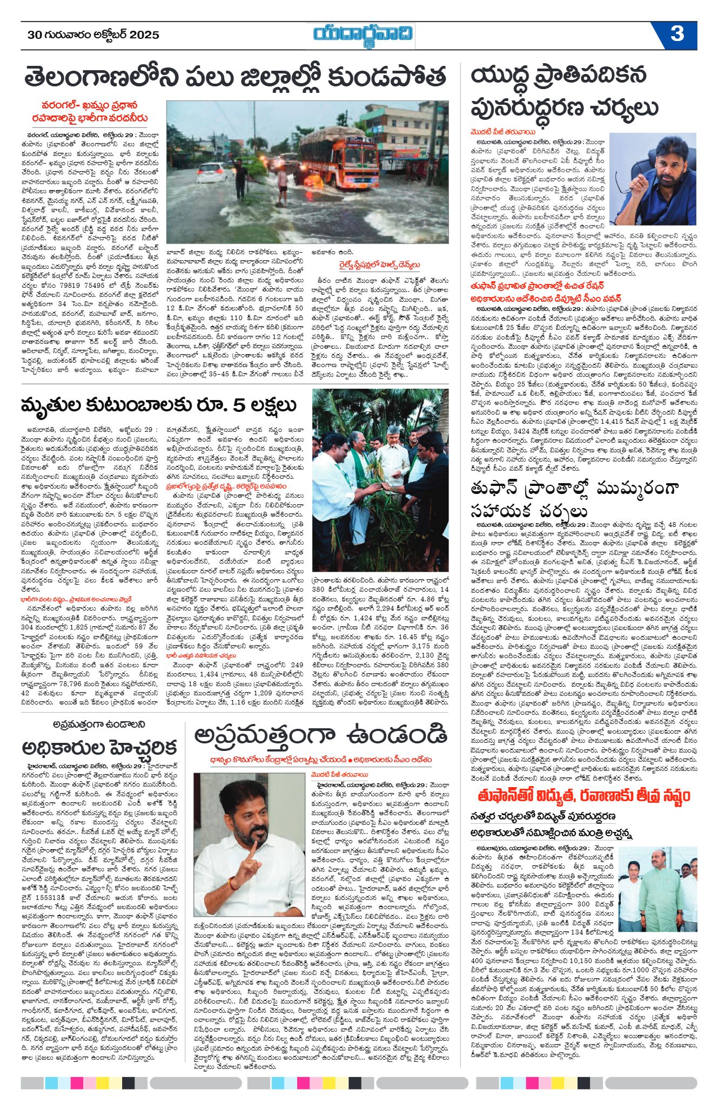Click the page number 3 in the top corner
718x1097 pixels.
[x=677, y=34]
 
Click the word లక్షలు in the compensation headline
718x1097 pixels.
[x=269, y=405]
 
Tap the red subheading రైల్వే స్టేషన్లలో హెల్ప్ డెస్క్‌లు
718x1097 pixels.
[x=377, y=265]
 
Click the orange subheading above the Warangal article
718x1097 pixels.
[x=90, y=112]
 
